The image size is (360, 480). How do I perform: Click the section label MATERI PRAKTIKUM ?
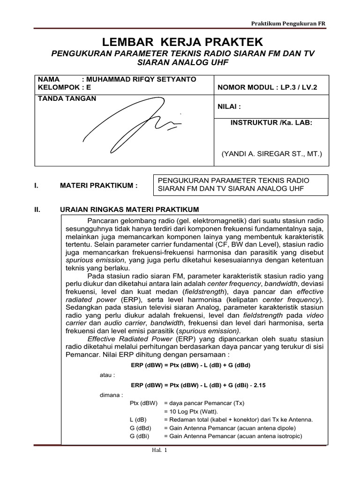99,186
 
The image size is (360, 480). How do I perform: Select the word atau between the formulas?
107,375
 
